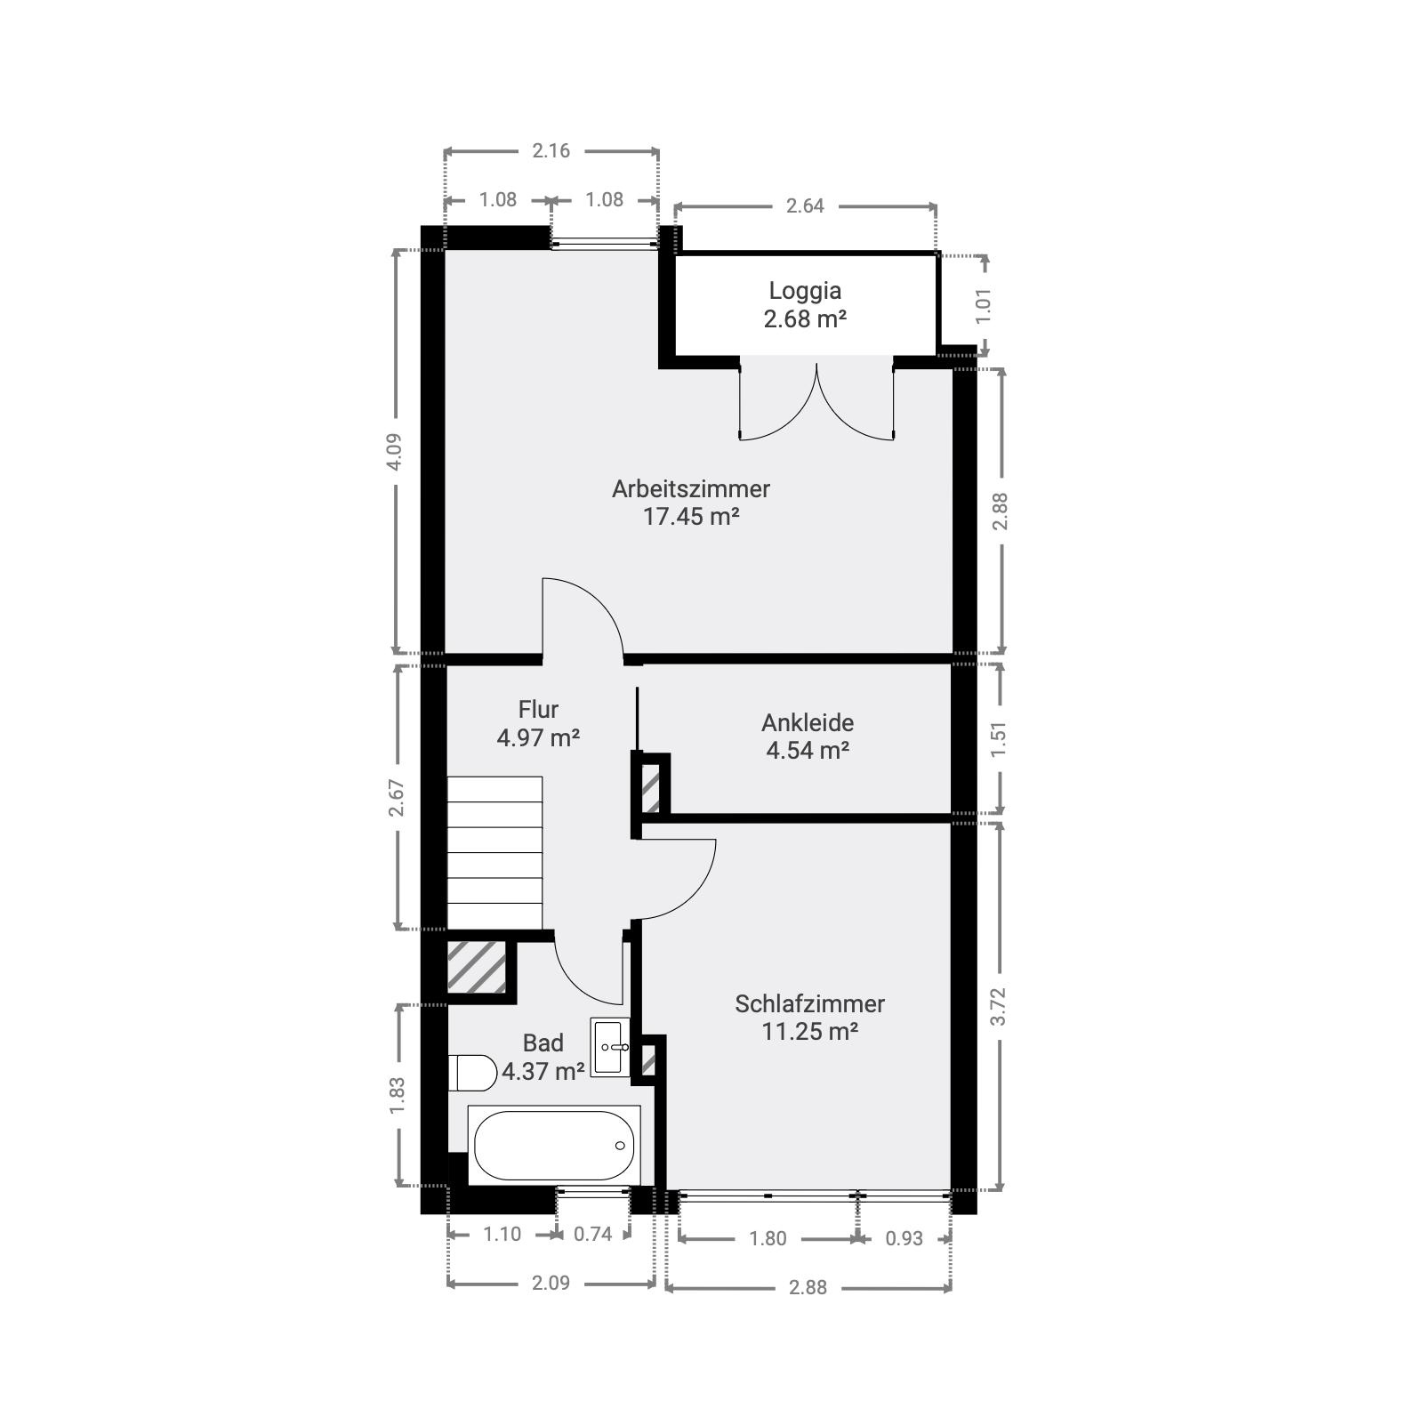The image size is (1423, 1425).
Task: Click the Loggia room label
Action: tap(805, 291)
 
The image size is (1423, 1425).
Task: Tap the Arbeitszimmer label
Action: tap(691, 488)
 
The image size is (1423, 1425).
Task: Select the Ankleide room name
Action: tap(808, 722)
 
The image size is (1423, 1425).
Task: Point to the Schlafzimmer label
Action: tap(809, 1003)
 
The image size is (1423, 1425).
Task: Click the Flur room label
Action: tap(538, 709)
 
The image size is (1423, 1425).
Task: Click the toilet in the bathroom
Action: tap(472, 1073)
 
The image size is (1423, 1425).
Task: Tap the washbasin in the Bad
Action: tap(610, 1047)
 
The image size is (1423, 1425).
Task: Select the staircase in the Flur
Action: tap(494, 852)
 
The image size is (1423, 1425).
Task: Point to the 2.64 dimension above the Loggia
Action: tap(805, 206)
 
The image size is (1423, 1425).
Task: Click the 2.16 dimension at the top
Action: tap(551, 150)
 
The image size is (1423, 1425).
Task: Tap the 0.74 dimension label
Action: tap(593, 1234)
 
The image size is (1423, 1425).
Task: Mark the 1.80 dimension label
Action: tap(768, 1238)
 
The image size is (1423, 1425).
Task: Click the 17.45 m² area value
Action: tap(691, 516)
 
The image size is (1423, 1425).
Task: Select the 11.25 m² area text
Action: tap(809, 1031)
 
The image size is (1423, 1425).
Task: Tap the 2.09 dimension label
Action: tap(551, 1283)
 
